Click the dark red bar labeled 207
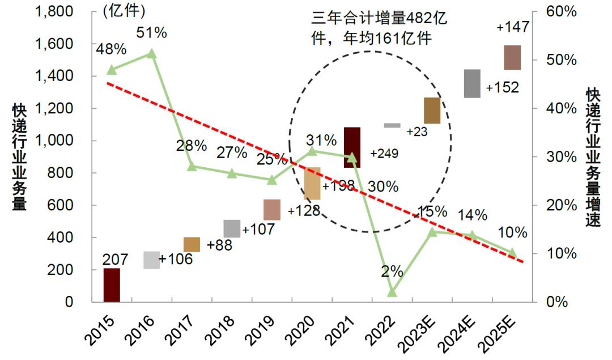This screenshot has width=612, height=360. (112, 285)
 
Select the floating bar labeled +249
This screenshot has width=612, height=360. (352, 147)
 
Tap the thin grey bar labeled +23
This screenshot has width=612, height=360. (392, 125)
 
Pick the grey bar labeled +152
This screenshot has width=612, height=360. (472, 84)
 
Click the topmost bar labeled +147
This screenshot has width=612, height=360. (512, 58)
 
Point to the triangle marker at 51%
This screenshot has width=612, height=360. (152, 53)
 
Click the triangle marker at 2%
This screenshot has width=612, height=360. (392, 292)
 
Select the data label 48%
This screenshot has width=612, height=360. (111, 49)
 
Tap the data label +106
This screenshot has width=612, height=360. (176, 259)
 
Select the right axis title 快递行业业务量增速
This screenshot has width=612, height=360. (593, 157)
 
